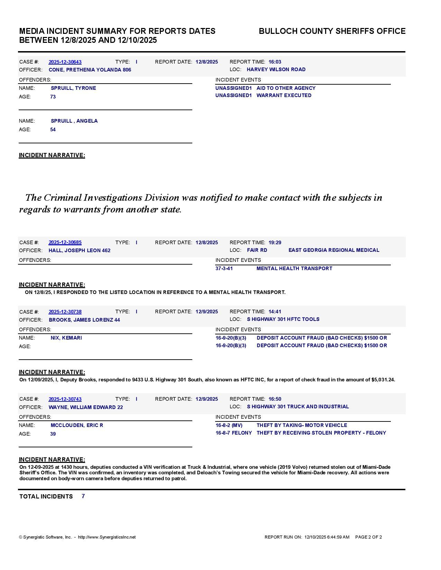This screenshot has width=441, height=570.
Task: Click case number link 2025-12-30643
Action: coord(65,62)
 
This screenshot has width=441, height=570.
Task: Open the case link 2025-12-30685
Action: coord(65,243)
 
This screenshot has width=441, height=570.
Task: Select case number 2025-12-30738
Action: coord(65,312)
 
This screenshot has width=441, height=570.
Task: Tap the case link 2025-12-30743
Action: coord(65,399)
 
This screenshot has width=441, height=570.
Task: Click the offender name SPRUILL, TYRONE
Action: coord(73,88)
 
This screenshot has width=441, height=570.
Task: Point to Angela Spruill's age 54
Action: coord(53,130)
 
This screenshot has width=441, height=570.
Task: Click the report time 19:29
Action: coord(275,243)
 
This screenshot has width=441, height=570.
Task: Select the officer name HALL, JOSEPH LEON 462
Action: coord(80,250)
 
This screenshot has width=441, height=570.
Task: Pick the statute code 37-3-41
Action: coord(224,268)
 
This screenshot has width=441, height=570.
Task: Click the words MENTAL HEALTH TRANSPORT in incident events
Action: coord(294,268)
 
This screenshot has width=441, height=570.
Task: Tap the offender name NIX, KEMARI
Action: coord(66,338)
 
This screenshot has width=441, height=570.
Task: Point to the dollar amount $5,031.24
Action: coord(383,380)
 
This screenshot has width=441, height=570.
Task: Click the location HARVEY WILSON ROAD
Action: coord(276,69)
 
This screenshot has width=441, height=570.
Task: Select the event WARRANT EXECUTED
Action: coord(284,95)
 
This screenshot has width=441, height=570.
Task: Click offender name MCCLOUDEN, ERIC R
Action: coord(77,425)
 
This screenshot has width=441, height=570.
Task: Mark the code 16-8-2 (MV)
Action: coord(229,425)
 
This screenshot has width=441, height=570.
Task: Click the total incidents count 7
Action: coord(83,496)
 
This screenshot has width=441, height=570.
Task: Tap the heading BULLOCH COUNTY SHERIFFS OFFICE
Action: coord(332,31)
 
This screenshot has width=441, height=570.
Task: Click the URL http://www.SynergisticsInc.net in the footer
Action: coord(107,537)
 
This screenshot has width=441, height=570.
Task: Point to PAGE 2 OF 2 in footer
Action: coord(369,537)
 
